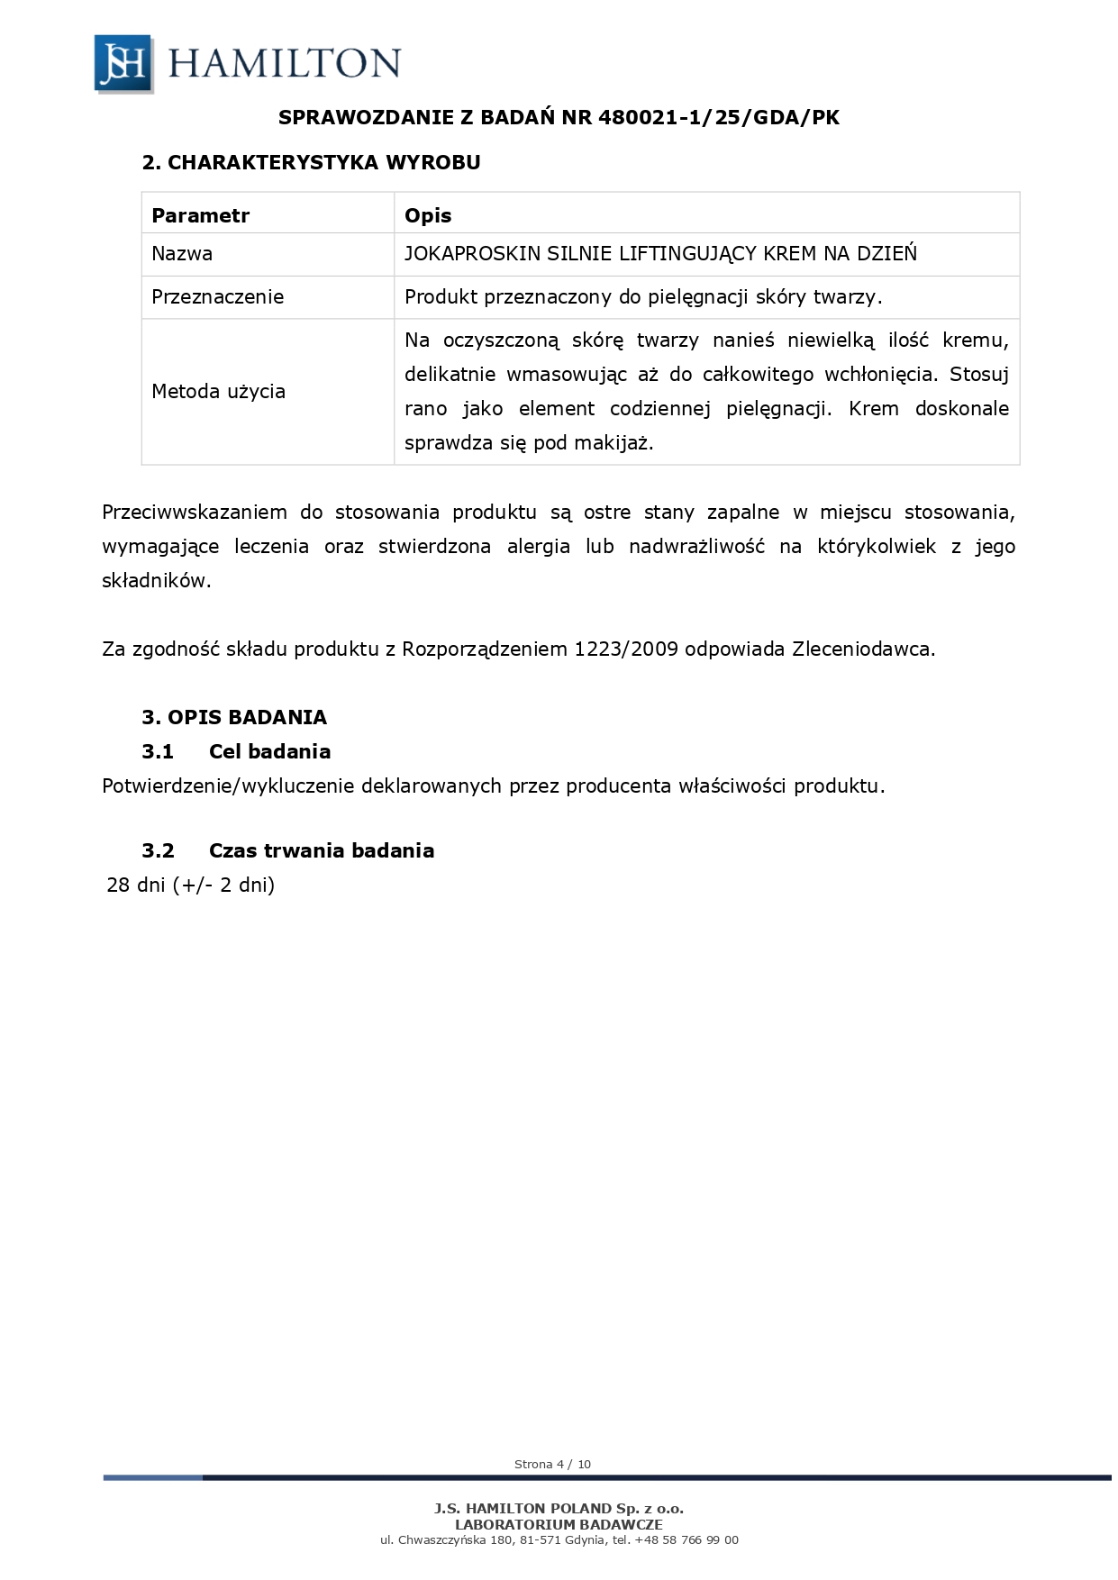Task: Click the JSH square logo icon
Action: (123, 63)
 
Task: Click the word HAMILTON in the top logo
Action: (284, 64)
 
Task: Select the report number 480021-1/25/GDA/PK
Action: (718, 117)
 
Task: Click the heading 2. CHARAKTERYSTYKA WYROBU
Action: (311, 162)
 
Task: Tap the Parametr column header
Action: (200, 215)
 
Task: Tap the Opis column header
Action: (428, 215)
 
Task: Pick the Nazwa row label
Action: (182, 254)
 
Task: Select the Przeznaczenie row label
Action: (217, 297)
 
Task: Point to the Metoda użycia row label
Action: (218, 391)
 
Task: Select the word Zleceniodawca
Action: (863, 649)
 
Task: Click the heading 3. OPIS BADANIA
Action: (234, 718)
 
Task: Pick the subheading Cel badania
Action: (269, 752)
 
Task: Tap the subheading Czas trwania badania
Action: (321, 851)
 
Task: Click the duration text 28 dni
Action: (136, 885)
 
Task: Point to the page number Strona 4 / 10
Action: (552, 1465)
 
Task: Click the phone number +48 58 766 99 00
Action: (686, 1540)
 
